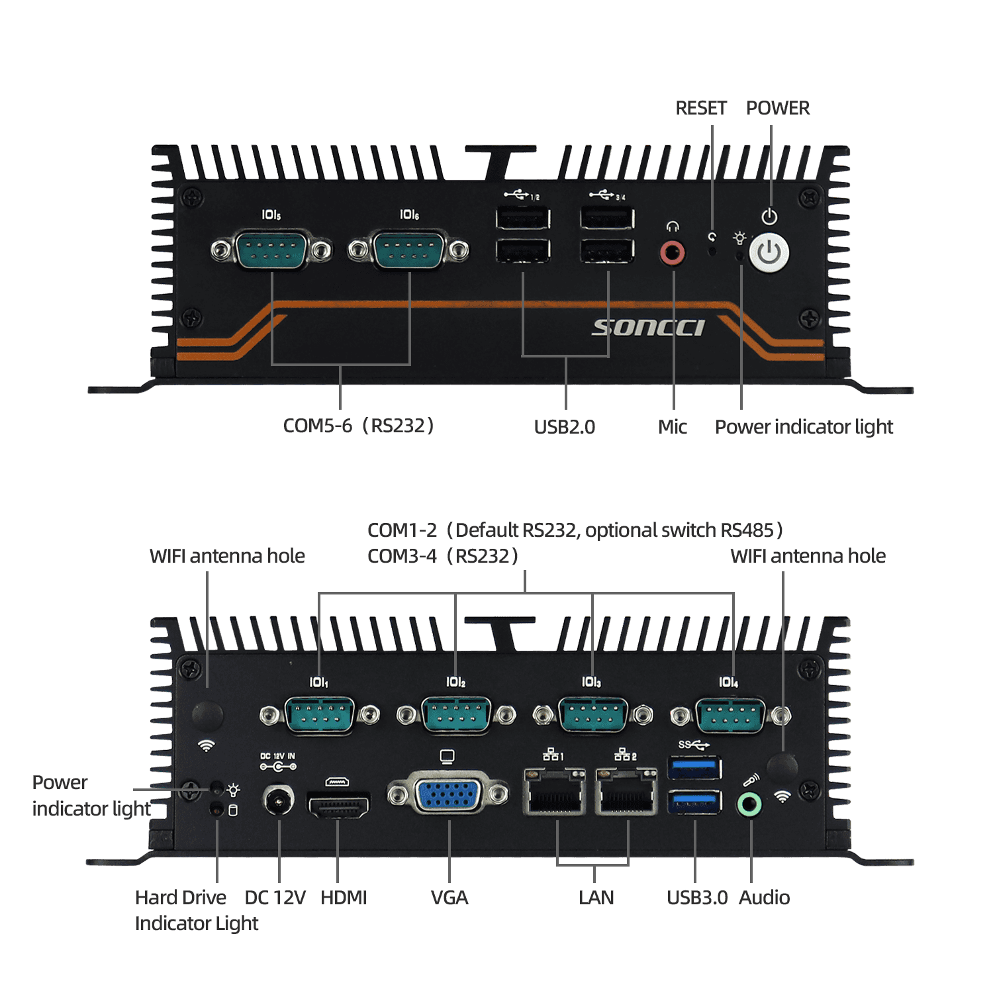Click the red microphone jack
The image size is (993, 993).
pyautogui.click(x=673, y=253)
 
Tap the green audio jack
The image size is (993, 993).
pyautogui.click(x=749, y=804)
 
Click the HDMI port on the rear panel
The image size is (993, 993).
pyautogui.click(x=338, y=804)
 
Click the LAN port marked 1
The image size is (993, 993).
pyautogui.click(x=555, y=791)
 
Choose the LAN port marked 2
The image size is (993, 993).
pyautogui.click(x=626, y=791)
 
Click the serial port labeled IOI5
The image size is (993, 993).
pyautogui.click(x=271, y=250)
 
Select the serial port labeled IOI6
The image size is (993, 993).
pyautogui.click(x=408, y=250)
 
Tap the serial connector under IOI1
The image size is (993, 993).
pyautogui.click(x=320, y=715)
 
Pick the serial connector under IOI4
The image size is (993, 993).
pyautogui.click(x=730, y=716)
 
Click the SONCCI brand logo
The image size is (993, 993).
pyautogui.click(x=648, y=328)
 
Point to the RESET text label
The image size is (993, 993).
pyautogui.click(x=700, y=108)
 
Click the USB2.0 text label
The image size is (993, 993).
pyautogui.click(x=564, y=427)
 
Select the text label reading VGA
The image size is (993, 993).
pyautogui.click(x=449, y=898)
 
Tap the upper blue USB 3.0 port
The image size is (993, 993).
pyautogui.click(x=694, y=768)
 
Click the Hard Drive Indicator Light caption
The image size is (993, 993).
pyautogui.click(x=196, y=910)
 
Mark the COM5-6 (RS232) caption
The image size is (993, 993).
pyautogui.click(x=358, y=426)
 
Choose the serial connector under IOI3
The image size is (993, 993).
pyautogui.click(x=592, y=715)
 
